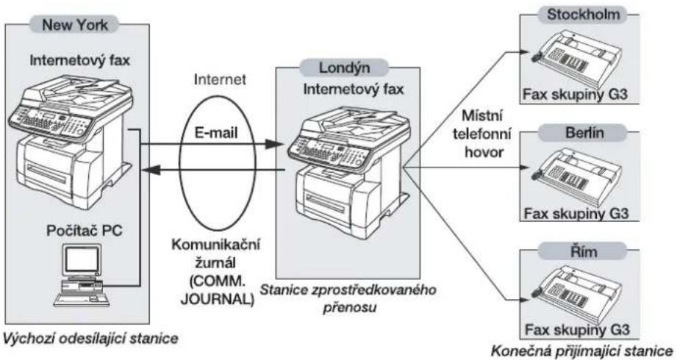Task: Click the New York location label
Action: [x=75, y=24]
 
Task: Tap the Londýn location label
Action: [x=344, y=68]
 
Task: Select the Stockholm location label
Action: [x=583, y=14]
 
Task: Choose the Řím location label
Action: [x=584, y=251]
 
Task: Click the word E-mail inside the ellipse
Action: [x=216, y=132]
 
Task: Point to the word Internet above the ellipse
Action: [x=221, y=79]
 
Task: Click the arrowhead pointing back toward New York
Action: [x=151, y=171]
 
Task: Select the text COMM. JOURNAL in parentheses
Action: [x=217, y=290]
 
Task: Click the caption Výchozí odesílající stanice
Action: [x=90, y=338]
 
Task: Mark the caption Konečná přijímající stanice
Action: [x=582, y=350]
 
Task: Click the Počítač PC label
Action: [x=85, y=231]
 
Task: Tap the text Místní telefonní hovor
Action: [x=483, y=134]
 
